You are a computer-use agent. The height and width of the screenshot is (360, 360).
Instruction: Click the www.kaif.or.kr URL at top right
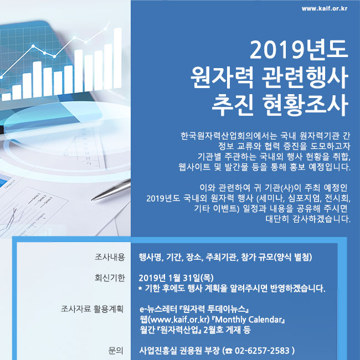[325, 9]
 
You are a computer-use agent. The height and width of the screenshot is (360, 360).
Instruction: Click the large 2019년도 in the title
[299, 49]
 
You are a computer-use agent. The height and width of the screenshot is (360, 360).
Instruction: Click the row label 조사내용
[110, 257]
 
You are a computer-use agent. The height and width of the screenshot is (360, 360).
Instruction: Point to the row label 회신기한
[110, 278]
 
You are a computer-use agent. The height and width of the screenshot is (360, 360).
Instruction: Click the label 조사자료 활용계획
[92, 309]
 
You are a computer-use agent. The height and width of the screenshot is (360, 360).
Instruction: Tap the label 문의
[116, 351]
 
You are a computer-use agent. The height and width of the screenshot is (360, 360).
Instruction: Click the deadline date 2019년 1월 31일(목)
[176, 278]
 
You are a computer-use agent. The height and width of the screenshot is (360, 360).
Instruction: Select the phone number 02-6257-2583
[262, 351]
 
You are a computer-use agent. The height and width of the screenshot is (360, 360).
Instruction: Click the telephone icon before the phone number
[229, 351]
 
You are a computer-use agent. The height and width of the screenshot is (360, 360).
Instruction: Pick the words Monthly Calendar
[249, 320]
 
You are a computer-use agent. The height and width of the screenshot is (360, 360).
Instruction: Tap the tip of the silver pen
[92, 199]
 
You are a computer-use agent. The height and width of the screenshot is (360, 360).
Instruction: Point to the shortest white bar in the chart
[6, 97]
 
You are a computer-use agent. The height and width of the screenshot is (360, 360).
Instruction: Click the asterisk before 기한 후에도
[140, 287]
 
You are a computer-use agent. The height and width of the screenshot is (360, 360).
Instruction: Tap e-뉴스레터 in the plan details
[158, 309]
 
